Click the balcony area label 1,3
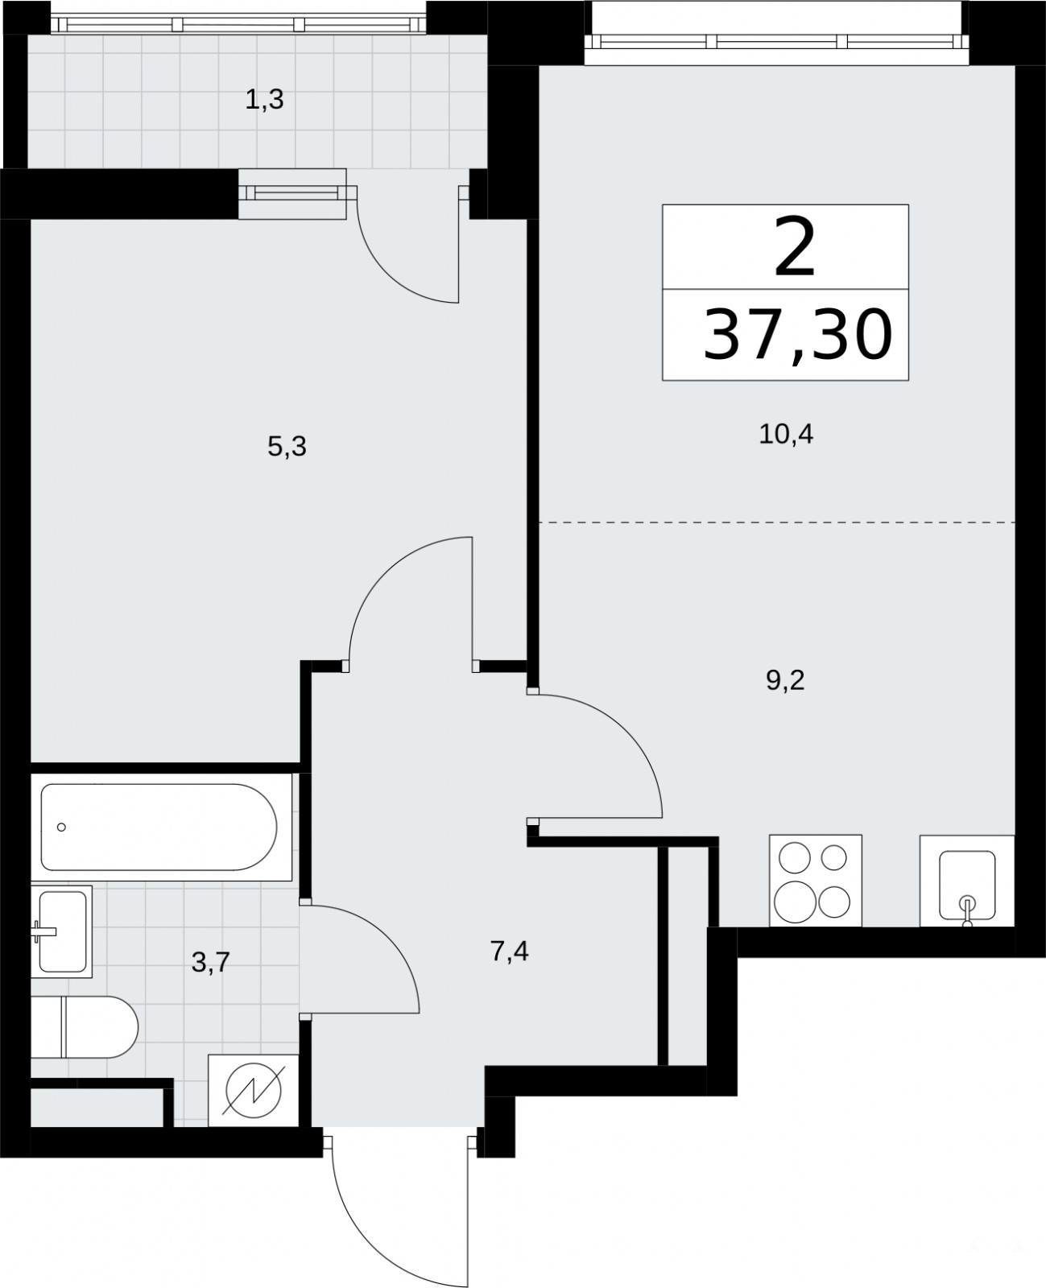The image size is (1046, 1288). [x=264, y=100]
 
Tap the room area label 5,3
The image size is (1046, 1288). [x=287, y=447]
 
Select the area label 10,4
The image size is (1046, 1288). [x=786, y=434]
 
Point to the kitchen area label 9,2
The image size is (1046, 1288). [x=785, y=681]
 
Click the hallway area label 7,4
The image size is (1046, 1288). [x=510, y=952]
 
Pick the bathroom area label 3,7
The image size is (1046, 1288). [x=210, y=961]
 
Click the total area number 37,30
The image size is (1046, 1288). [x=797, y=334]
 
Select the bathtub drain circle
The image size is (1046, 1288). [x=61, y=827]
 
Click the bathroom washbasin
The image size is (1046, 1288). [x=61, y=931]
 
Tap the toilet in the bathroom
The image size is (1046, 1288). [x=84, y=1026]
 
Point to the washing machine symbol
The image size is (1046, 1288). [x=254, y=1091]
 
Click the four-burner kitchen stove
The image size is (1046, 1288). [x=816, y=881]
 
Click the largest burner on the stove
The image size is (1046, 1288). [x=796, y=902]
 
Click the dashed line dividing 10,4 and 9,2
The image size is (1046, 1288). [x=777, y=522]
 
